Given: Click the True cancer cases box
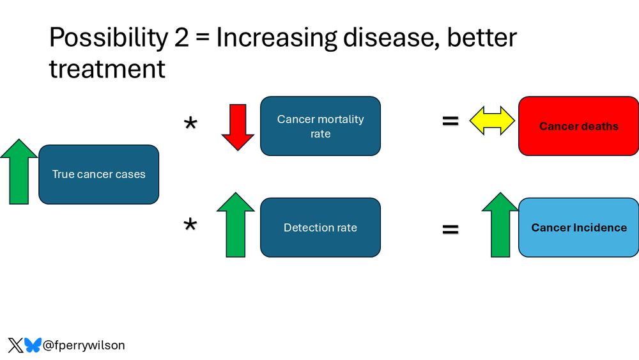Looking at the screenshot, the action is coord(98,175).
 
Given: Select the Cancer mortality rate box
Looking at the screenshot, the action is coord(320,126).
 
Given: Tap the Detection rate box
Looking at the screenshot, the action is coord(320,228).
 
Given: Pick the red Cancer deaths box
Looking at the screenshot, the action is coord(579,126).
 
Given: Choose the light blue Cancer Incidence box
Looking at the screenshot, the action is coord(579,228).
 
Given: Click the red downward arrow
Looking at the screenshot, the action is coord(238,127).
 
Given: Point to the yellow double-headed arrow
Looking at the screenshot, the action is coord(492,121).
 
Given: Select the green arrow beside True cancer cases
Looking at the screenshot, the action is coord(19,171).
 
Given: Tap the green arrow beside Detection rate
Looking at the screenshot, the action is coord(236,224).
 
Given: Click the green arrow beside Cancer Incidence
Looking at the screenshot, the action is coord(500,224).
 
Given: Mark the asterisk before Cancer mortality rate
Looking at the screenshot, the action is coord(190,123).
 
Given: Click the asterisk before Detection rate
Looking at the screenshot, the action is coord(190,224).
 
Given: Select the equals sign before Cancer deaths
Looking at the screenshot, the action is coord(450,121).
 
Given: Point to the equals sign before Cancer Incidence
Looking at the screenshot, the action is coord(450,229).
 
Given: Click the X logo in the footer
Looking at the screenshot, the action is coord(15,345).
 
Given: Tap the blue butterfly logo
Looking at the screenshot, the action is coord(33,345).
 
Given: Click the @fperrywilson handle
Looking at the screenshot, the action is coord(84,345).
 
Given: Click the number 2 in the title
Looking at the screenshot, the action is coord(181,38).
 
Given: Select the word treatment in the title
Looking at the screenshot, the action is coord(107,69).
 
